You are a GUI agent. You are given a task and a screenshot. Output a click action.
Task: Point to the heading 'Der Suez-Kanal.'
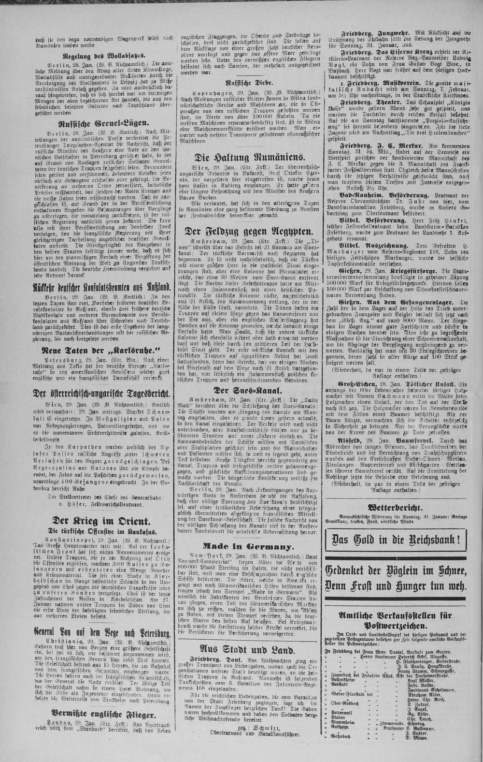click(x=248, y=390)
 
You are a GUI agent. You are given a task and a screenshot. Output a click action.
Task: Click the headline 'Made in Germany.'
click(x=248, y=546)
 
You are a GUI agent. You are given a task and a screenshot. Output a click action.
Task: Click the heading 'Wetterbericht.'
click(x=395, y=508)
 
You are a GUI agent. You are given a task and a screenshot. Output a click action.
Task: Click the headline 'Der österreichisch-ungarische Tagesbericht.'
click(x=100, y=394)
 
